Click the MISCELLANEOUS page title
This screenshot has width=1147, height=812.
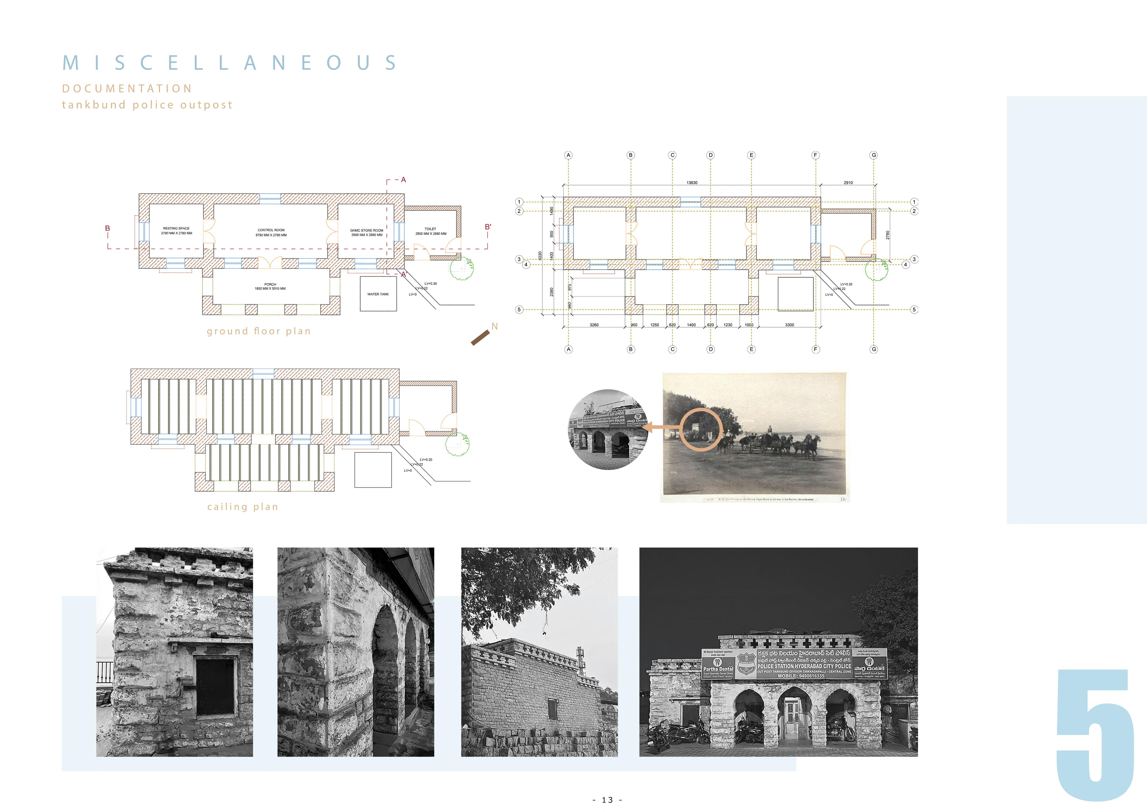230,63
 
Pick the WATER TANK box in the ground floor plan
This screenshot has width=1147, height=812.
378,294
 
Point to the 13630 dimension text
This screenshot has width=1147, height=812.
692,182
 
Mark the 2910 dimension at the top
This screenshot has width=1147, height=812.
848,182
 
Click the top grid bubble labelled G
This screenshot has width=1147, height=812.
874,155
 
